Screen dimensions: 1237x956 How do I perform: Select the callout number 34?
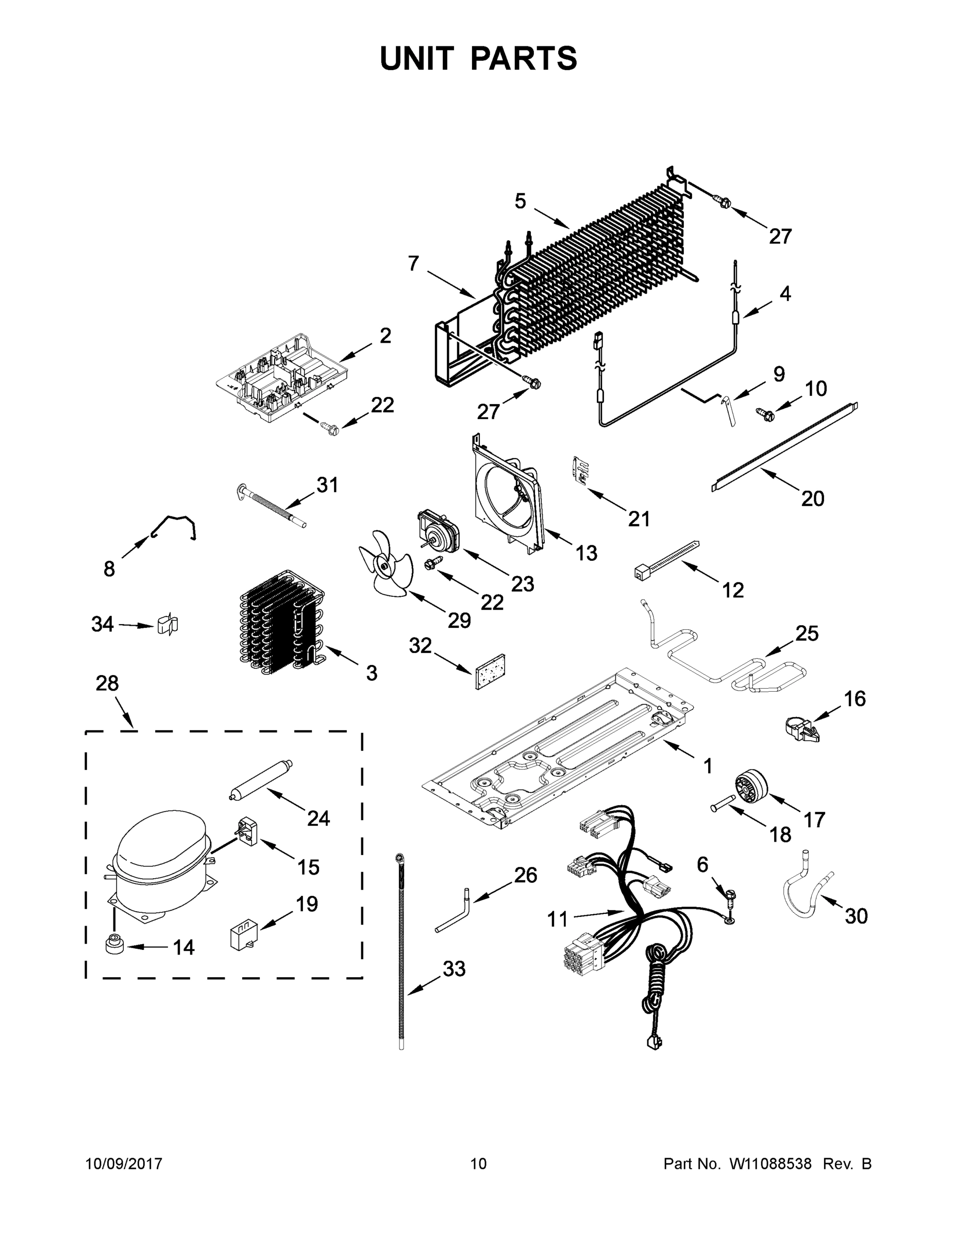103,624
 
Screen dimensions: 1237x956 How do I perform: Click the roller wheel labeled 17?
751,787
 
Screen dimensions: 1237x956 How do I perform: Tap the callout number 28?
107,683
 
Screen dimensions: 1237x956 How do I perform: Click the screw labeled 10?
766,414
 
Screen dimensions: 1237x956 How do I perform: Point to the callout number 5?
520,200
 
